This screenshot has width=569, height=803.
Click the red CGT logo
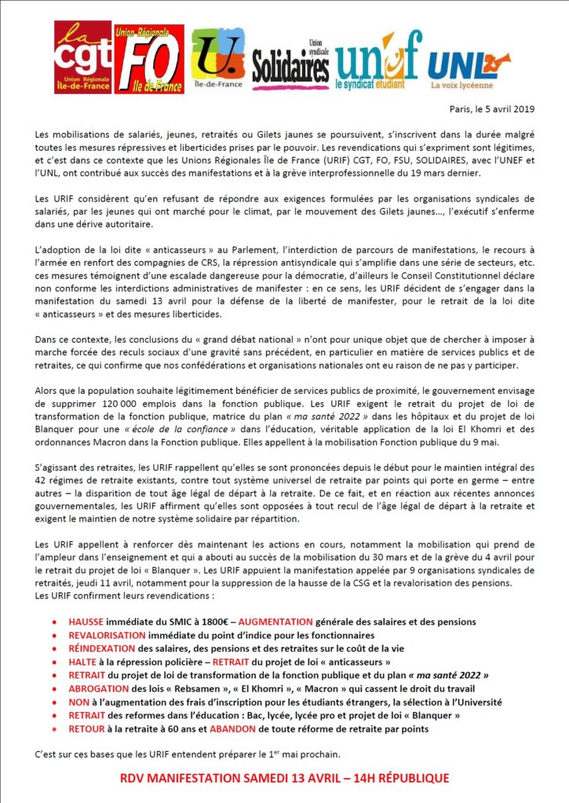coord(82,56)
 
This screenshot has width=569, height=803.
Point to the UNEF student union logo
coord(378,59)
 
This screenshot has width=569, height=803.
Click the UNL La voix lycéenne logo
coord(469,61)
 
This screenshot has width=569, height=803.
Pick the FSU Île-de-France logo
coord(217,59)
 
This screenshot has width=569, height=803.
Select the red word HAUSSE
coord(89,622)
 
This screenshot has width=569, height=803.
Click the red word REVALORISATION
coord(108,635)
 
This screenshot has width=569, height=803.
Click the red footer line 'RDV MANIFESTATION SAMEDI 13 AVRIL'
coord(284,778)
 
